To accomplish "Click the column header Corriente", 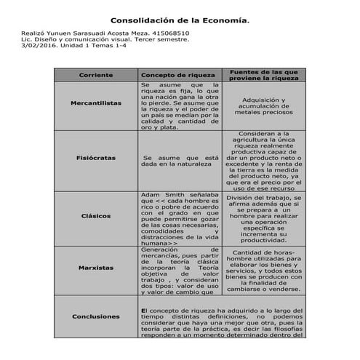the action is click(95, 75).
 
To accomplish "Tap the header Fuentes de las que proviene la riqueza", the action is click(263, 75).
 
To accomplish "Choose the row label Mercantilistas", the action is click(95, 104).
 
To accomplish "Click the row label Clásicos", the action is click(95, 217).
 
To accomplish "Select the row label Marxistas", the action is click(95, 268).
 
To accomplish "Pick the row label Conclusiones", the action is click(95, 317).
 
